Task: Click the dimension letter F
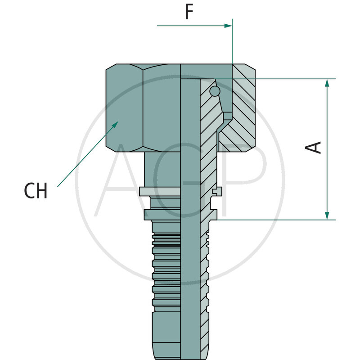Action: tap(189, 12)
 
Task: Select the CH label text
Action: tap(36, 191)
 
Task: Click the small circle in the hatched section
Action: tap(215, 91)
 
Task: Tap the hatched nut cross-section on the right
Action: tap(241, 112)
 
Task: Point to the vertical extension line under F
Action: tap(232, 45)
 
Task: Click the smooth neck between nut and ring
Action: tap(162, 169)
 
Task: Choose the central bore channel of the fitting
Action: tap(190, 225)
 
